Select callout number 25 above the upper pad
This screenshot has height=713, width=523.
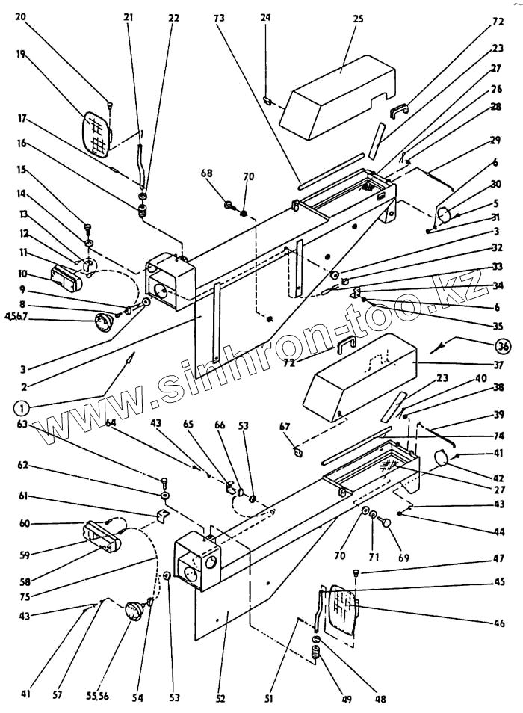(358, 19)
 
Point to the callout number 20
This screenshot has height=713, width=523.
(20, 16)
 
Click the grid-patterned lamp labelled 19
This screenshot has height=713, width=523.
(96, 133)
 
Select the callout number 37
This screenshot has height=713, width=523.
(498, 365)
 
